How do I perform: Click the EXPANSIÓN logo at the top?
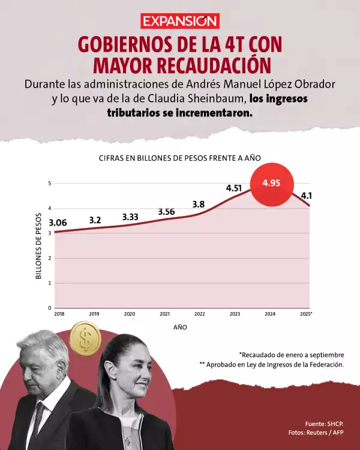coord(180,21)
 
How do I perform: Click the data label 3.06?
coord(58,223)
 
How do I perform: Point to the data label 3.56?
coord(167,211)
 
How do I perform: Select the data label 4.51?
coord(233,188)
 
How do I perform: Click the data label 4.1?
coord(307,196)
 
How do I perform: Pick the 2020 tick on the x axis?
coord(129,314)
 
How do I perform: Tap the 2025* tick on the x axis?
coord(306,314)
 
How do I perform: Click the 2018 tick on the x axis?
coord(59,314)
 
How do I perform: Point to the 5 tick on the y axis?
coord(50,183)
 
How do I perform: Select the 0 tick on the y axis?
coord(50,308)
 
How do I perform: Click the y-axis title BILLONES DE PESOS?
coord(39,246)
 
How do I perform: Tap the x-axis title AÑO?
coord(180,327)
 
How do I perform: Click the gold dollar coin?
coord(85,338)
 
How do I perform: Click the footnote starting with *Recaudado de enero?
coord(291,354)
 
